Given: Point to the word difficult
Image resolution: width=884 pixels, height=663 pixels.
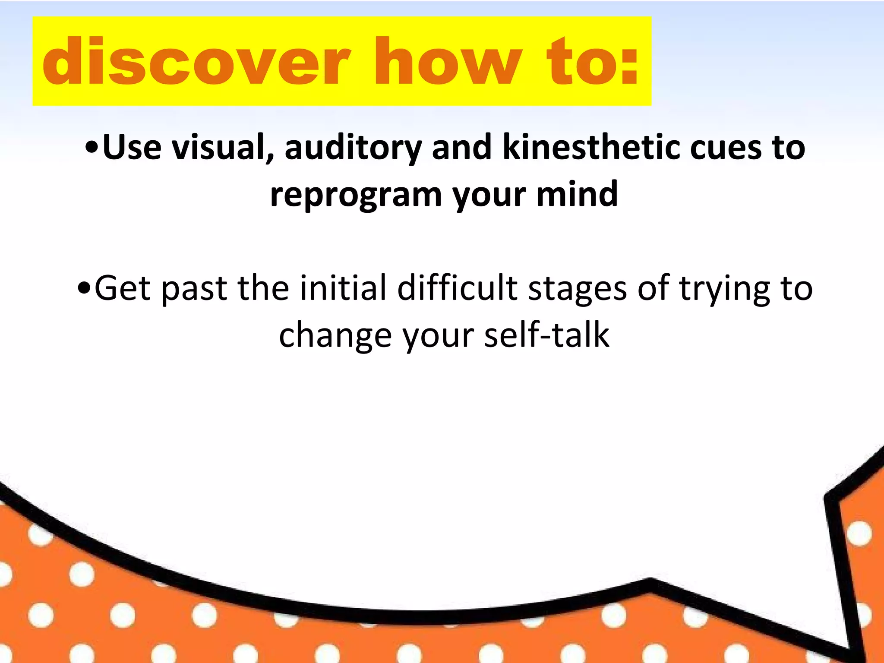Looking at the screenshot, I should coord(457,288).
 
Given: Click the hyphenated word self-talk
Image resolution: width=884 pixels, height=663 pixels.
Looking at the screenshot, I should coord(546,335).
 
